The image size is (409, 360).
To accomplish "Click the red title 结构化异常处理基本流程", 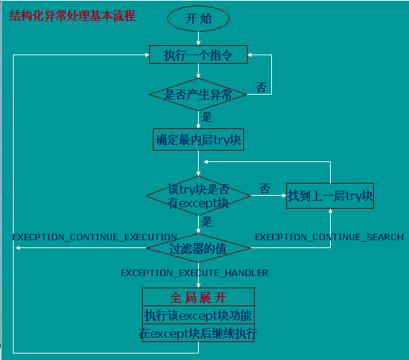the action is pyautogui.click(x=72, y=16).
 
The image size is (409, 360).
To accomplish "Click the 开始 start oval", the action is pyautogui.click(x=198, y=19).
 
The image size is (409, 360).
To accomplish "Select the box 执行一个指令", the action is pyautogui.click(x=198, y=55).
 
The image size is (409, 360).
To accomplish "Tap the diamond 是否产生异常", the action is pyautogui.click(x=198, y=95).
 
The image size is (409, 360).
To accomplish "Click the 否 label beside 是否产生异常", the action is pyautogui.click(x=261, y=87).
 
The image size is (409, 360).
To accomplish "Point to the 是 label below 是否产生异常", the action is pyautogui.click(x=207, y=117).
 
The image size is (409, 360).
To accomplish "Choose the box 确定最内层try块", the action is pyautogui.click(x=198, y=139).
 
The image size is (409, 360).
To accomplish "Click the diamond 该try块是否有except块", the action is pyautogui.click(x=198, y=196).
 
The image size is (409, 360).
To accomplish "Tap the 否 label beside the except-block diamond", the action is pyautogui.click(x=265, y=189).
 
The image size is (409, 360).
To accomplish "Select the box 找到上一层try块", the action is pyautogui.click(x=330, y=196).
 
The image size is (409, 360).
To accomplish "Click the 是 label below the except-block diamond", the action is pyautogui.click(x=207, y=222).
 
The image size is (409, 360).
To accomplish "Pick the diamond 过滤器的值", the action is pyautogui.click(x=198, y=248).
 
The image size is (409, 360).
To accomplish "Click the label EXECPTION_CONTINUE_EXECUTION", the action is pyautogui.click(x=95, y=237).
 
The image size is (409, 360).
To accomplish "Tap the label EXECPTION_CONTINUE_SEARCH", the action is pyautogui.click(x=329, y=237).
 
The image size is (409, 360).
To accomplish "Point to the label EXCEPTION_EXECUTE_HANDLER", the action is pyautogui.click(x=194, y=273).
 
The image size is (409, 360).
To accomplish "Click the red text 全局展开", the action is pyautogui.click(x=198, y=298).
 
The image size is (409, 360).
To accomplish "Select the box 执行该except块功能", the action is pyautogui.click(x=198, y=315).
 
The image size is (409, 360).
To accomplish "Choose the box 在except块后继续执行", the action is pyautogui.click(x=198, y=333).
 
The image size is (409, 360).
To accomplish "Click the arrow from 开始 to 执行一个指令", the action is pyautogui.click(x=198, y=38).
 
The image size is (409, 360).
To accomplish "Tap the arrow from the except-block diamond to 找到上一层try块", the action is pyautogui.click(x=268, y=196).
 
